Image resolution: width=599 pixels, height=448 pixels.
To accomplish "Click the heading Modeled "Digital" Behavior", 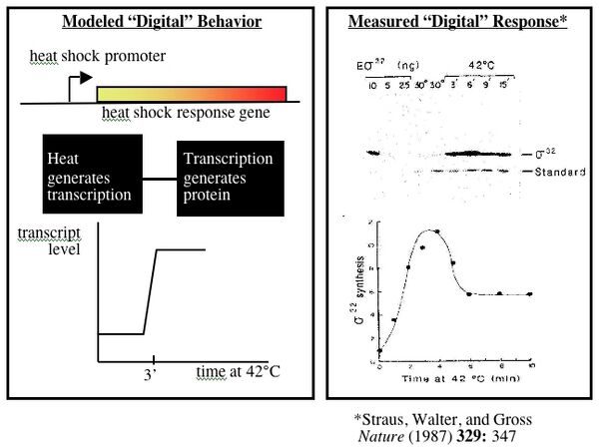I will (x=162, y=23).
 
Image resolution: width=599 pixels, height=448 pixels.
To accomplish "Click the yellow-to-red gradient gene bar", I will (x=191, y=94).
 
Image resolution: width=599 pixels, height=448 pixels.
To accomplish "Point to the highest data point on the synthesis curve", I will (x=436, y=231).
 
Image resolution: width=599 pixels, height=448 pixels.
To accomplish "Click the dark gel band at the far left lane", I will (x=373, y=153).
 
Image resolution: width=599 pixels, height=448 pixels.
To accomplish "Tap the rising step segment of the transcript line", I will (x=150, y=291).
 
